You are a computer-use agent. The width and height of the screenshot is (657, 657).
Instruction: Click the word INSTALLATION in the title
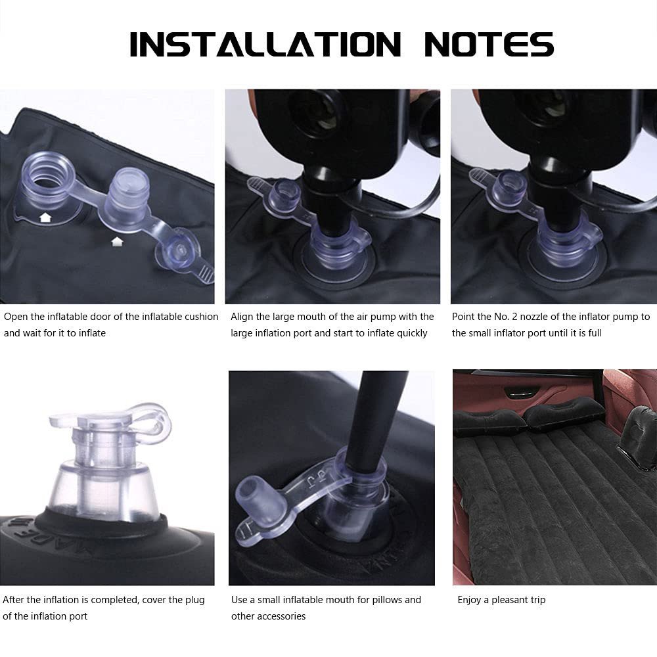265,44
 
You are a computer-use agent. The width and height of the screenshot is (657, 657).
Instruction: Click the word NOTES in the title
489,44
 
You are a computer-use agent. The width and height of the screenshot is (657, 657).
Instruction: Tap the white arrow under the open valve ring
45,217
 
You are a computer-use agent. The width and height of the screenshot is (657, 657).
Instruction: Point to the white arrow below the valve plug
117,242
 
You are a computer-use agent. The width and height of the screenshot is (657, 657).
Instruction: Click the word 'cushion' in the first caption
202,317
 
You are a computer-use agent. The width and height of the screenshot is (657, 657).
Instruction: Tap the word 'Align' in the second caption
242,317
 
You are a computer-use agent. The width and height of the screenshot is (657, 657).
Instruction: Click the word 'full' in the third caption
595,333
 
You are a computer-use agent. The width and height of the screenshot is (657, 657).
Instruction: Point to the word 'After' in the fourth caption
13,600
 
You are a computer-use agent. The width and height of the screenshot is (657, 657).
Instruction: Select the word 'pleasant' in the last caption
510,600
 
